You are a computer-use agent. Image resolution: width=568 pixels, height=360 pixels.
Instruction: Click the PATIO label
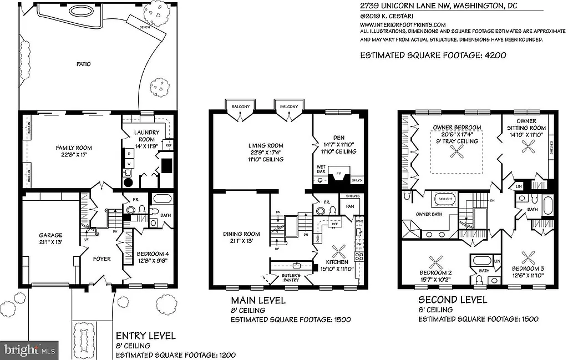click(84, 64)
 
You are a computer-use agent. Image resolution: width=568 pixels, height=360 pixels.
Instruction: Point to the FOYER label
click(102, 259)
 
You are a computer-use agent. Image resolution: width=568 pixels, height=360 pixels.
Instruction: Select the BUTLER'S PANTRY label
click(291, 278)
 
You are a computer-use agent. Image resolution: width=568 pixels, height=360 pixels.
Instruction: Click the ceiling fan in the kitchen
click(337, 251)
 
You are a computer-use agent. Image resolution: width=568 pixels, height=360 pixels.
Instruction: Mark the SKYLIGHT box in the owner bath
click(445, 198)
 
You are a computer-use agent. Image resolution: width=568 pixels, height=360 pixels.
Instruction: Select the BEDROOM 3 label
click(528, 272)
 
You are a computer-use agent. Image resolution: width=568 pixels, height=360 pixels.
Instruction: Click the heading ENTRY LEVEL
click(145, 336)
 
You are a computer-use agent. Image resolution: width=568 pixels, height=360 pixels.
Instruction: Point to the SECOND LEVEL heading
click(453, 300)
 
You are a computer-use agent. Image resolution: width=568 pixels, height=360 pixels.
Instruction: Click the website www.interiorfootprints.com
click(403, 24)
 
